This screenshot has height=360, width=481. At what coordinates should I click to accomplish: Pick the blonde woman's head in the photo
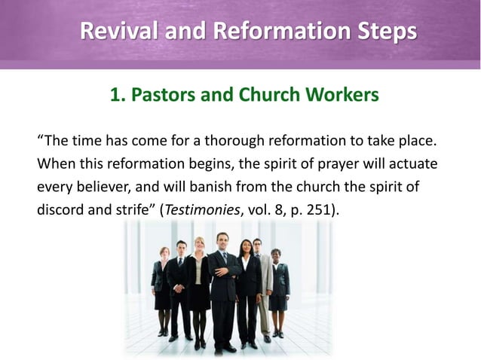pos(199,246)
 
